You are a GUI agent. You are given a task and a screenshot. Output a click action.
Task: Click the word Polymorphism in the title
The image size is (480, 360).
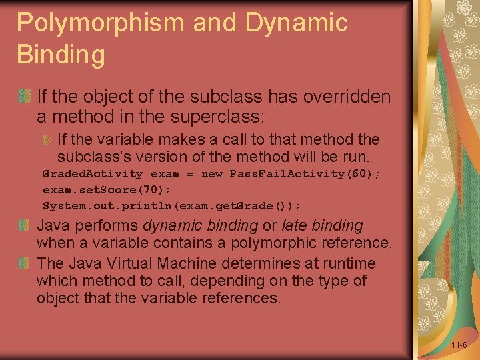click(x=101, y=23)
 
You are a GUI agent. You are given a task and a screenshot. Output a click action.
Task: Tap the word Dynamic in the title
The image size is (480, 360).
click(x=296, y=23)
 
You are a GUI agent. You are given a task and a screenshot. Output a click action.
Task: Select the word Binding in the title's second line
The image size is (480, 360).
click(x=61, y=55)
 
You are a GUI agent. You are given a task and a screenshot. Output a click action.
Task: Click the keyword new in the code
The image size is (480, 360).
click(x=212, y=174)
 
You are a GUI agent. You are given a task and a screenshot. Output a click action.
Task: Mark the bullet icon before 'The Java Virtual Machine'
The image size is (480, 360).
click(x=25, y=263)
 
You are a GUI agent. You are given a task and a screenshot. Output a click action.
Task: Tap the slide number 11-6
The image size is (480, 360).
click(x=459, y=345)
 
